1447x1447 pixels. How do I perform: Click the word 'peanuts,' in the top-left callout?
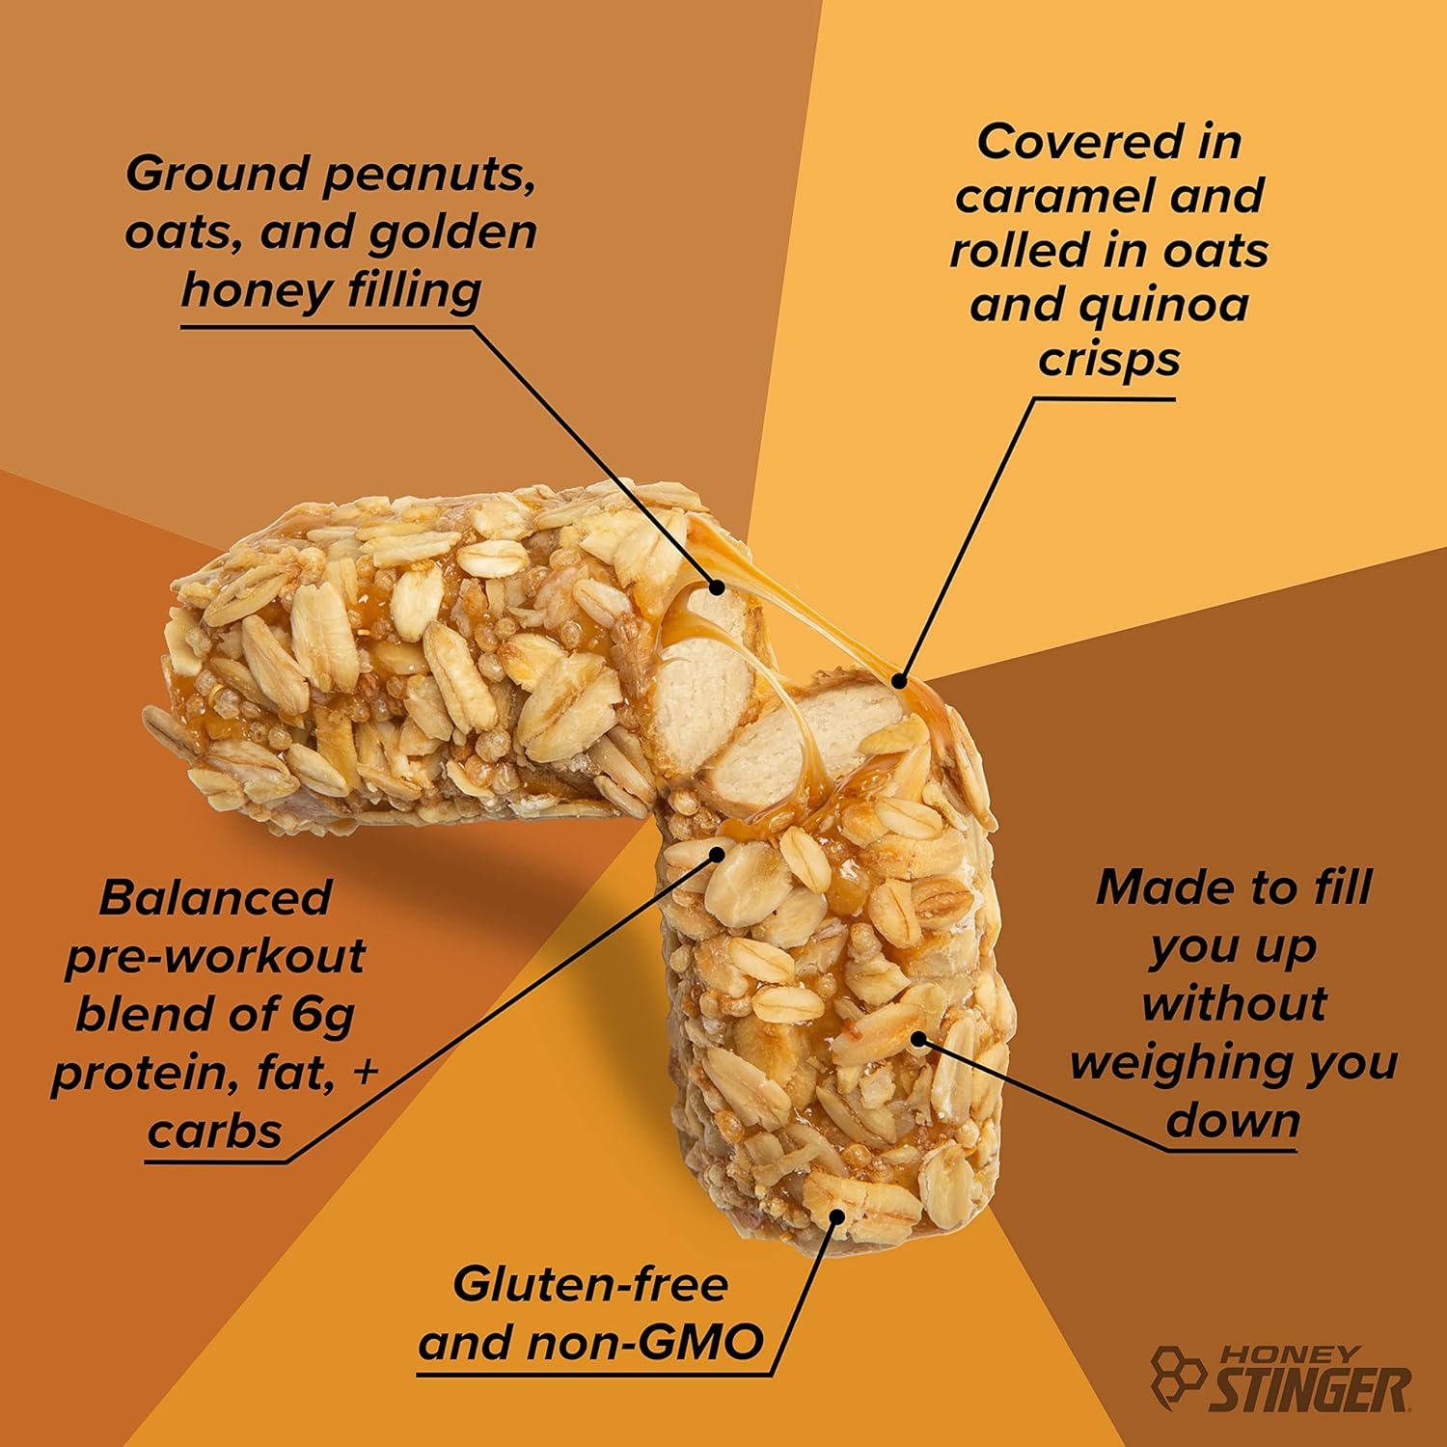point(428,175)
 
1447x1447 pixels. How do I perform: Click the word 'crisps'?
point(1108,359)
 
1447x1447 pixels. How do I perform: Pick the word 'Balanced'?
point(215,898)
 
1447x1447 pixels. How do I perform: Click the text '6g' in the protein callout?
point(322,1014)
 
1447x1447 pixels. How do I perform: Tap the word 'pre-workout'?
point(215,956)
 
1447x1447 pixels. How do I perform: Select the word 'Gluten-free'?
point(590,1285)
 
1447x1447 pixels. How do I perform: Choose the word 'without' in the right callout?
point(1234,1004)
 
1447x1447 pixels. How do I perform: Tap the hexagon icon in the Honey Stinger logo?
point(1179,1375)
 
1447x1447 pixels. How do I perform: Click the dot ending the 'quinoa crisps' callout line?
point(899,681)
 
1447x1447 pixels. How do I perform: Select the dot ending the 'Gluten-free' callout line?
point(836,1216)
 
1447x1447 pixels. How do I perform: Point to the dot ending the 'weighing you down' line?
point(918,1039)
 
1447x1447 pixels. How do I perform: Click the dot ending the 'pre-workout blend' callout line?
point(717,853)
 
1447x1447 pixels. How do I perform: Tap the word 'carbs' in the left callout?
point(214,1131)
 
